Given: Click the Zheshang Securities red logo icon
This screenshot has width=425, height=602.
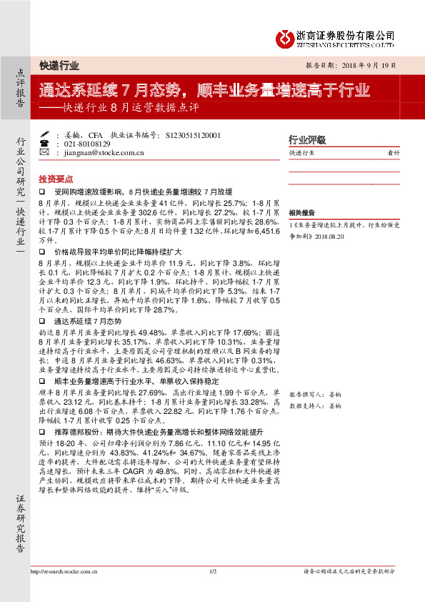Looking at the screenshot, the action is [x=285, y=37].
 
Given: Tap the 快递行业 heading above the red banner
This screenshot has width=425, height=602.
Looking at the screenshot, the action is [x=59, y=64].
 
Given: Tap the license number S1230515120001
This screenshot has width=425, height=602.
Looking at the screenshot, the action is [x=193, y=134].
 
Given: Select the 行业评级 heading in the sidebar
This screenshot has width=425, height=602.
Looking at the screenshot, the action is [x=307, y=139].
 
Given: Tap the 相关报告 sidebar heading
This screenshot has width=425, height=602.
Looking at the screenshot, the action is [x=302, y=212].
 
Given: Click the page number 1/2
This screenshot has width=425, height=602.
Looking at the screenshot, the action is [x=212, y=572].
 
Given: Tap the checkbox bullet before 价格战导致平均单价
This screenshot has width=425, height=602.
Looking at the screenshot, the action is [x=42, y=252].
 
